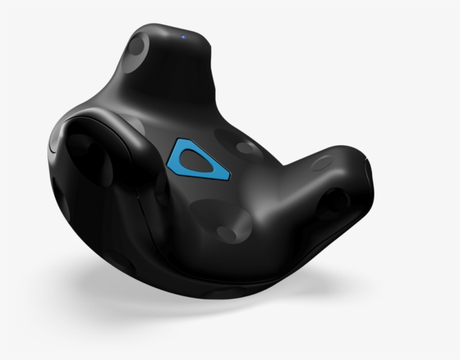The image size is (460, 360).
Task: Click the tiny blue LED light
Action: pyautogui.click(x=183, y=38)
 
